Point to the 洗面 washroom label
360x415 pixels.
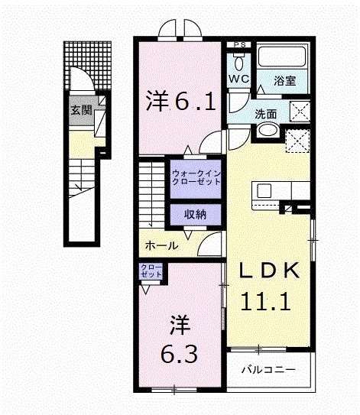point(266,115)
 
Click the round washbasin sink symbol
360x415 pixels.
point(267,132)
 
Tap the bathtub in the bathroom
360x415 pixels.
point(281,57)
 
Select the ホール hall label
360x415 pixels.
point(161,245)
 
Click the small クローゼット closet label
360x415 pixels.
point(150,271)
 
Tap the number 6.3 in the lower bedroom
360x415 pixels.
point(181,353)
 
